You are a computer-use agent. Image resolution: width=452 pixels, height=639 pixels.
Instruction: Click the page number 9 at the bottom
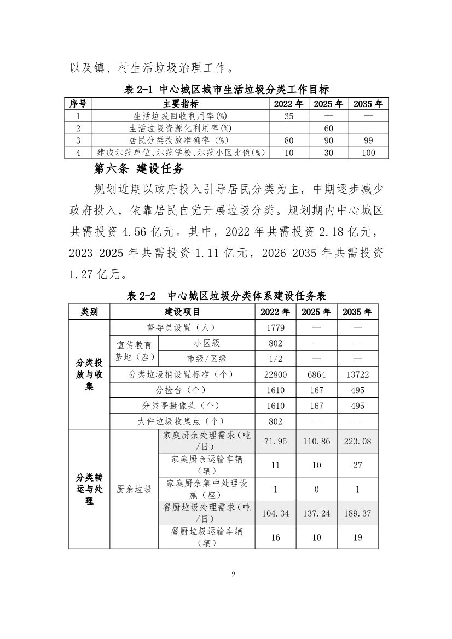(234, 573)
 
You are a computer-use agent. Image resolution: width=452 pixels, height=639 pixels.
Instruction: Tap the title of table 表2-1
(226, 90)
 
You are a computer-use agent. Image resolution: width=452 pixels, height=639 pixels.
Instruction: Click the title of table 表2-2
(226, 296)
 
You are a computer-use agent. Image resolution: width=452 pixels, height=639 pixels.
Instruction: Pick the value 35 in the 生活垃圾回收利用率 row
(289, 116)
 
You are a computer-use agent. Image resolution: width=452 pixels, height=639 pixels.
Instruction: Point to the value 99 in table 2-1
(368, 140)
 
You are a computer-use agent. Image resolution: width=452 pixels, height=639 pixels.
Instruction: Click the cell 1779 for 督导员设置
(275, 327)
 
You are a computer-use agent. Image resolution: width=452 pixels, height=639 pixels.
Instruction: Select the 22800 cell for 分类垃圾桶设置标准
(275, 374)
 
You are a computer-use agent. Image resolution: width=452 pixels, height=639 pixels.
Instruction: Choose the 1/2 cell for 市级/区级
(275, 359)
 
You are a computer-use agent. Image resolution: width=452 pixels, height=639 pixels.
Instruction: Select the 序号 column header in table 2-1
(78, 104)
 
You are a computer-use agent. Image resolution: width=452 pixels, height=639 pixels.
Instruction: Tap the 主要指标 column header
(181, 104)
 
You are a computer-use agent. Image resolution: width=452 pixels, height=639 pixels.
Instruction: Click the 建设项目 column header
(182, 312)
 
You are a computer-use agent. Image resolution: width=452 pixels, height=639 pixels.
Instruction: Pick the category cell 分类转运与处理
(89, 489)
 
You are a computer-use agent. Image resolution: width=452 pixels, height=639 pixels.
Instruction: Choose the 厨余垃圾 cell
(134, 489)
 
